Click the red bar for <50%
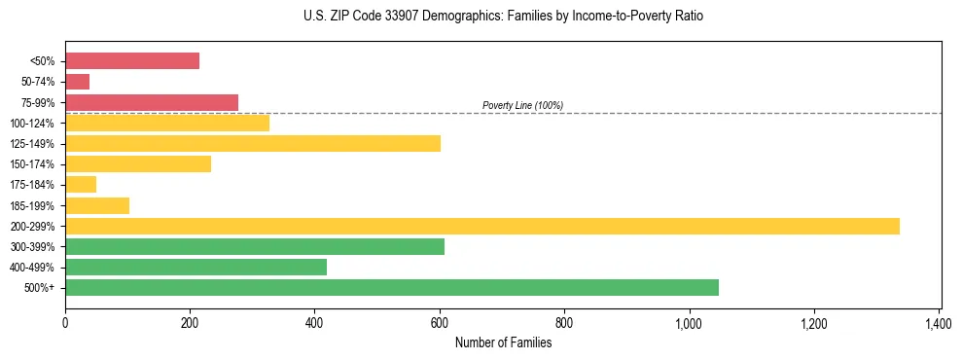tap(132, 61)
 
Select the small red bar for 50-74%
tap(78, 82)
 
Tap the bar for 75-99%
tap(152, 102)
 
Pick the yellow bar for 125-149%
tap(253, 143)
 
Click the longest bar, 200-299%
tap(482, 226)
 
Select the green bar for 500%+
tap(392, 287)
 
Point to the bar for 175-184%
tap(81, 185)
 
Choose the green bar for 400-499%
tap(196, 267)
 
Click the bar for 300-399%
tap(255, 246)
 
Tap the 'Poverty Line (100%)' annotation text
tap(522, 105)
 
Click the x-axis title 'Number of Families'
tap(503, 342)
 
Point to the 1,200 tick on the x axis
tap(813, 322)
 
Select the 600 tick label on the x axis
tap(440, 322)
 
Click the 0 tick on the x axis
tap(65, 322)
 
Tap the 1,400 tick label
tap(938, 322)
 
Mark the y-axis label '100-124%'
tap(32, 124)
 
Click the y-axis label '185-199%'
tap(32, 205)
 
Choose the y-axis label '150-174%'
tap(32, 164)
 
